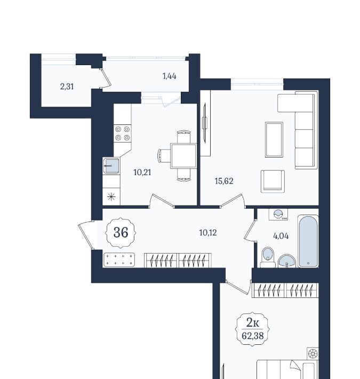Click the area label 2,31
(x=67, y=86)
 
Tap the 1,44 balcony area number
(x=169, y=76)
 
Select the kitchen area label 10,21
(x=142, y=172)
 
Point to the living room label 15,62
(x=224, y=181)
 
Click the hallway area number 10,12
(x=208, y=233)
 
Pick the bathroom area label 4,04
(x=281, y=236)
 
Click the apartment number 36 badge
(x=121, y=233)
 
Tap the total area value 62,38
(x=253, y=336)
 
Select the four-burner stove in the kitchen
(x=123, y=133)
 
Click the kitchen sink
(x=111, y=166)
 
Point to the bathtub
(x=308, y=241)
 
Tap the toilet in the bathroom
(x=268, y=257)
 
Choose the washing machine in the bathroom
(x=278, y=215)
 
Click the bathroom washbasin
(x=286, y=261)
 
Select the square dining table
(x=183, y=156)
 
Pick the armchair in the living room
(x=273, y=181)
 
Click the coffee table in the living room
(x=274, y=139)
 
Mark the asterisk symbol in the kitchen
(x=111, y=197)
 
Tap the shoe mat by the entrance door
(x=119, y=260)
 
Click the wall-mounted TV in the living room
(x=205, y=123)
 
